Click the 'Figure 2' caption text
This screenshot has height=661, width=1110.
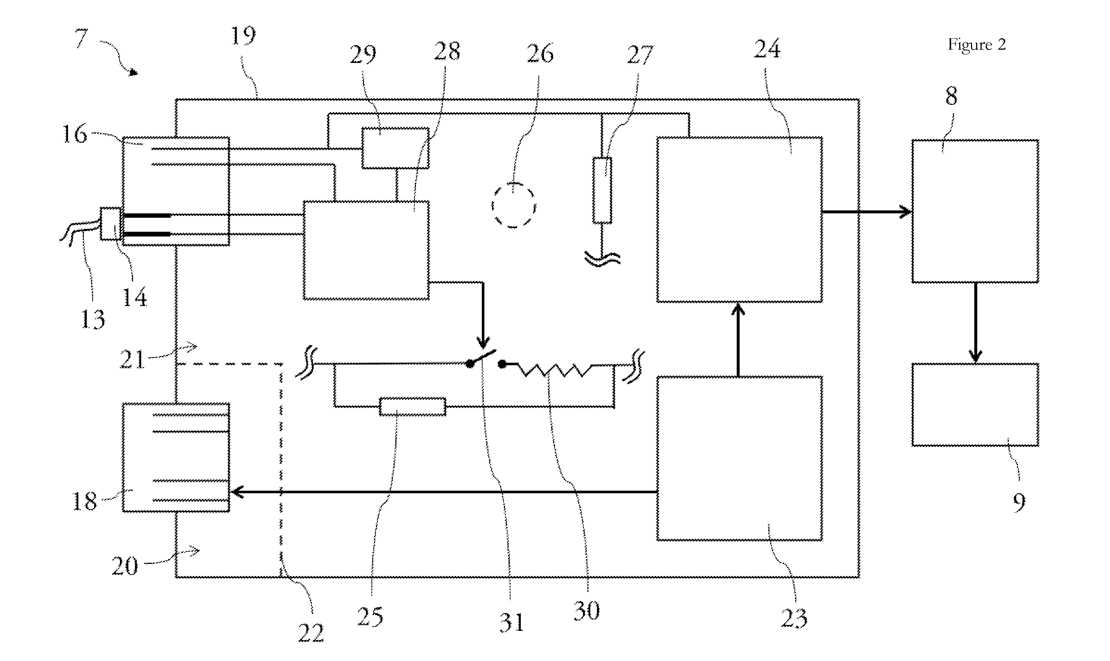(976, 45)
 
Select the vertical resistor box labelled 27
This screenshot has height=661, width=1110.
(602, 190)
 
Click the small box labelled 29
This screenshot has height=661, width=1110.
(395, 148)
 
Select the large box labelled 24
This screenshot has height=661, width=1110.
(740, 220)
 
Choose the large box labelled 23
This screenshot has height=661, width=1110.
(740, 458)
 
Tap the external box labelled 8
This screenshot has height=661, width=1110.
(975, 211)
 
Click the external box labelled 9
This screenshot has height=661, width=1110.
(975, 405)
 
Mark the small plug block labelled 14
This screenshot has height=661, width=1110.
(110, 224)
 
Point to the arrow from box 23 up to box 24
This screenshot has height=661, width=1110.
(739, 340)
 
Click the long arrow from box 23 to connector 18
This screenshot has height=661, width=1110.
(444, 492)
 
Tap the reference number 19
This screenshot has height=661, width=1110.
(243, 36)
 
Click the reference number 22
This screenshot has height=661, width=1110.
(311, 633)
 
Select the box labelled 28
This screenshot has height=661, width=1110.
(366, 250)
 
